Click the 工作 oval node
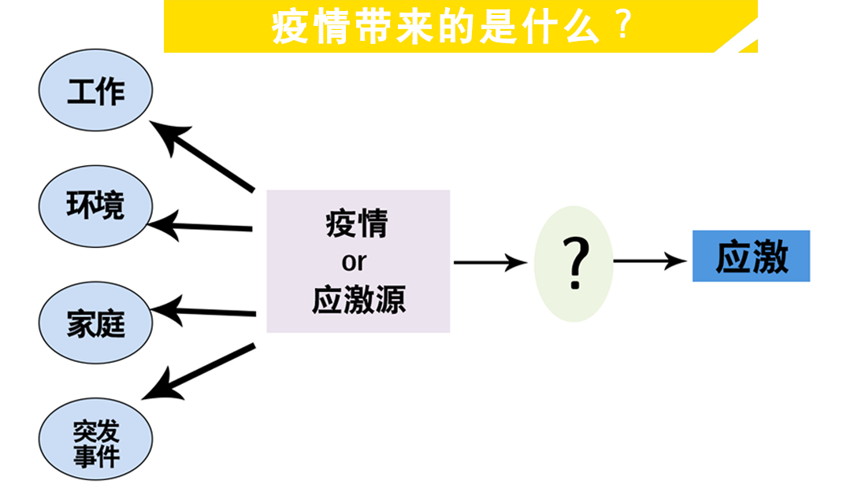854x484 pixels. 95,91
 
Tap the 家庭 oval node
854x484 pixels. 95,323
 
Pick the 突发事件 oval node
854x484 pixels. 95,441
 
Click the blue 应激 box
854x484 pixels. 751,257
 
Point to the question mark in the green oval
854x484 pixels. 574,262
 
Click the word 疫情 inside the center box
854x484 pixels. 357,224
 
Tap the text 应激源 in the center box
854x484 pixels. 358,300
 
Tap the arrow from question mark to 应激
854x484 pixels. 650,260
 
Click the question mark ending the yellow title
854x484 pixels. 622,27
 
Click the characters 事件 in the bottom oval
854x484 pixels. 95,456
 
